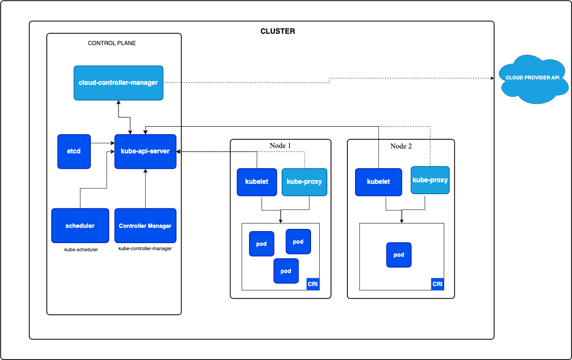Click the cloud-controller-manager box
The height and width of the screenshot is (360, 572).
(119, 83)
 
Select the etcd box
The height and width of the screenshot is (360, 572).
(74, 151)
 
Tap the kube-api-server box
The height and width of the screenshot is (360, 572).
(145, 151)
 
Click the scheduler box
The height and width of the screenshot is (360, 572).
(80, 226)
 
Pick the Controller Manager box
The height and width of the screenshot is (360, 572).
(145, 226)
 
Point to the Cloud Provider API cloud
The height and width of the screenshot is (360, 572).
(532, 78)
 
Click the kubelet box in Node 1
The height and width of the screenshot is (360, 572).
(257, 182)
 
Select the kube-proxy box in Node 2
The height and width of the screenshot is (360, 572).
(430, 180)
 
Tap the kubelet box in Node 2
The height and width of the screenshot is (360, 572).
(378, 182)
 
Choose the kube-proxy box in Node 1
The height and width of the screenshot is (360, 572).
(304, 182)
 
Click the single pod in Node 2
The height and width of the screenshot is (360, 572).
(399, 255)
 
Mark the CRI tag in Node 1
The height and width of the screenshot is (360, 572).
(313, 284)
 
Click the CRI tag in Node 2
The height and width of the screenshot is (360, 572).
(437, 284)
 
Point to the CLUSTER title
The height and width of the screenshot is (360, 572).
(278, 31)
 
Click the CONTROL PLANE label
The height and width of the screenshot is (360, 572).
(112, 43)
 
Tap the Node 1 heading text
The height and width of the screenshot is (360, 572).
(281, 146)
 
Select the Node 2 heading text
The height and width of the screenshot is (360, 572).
(401, 146)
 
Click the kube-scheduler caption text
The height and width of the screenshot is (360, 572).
(81, 250)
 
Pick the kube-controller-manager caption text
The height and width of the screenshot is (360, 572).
(145, 249)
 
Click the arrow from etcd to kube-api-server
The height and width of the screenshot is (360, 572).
(102, 144)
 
